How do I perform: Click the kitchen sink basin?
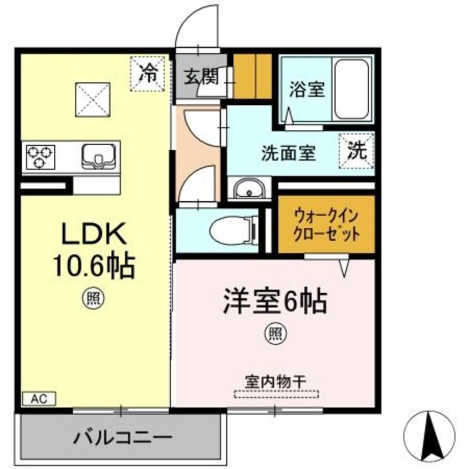pyautogui.click(x=100, y=156)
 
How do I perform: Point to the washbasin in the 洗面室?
pyautogui.click(x=248, y=190)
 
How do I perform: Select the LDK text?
pyautogui.click(x=94, y=235)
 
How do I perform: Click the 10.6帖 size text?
pyautogui.click(x=94, y=267)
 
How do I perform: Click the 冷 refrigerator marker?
pyautogui.click(x=148, y=73)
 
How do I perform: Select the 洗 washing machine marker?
pyautogui.click(x=356, y=151)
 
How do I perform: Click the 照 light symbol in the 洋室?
pyautogui.click(x=276, y=334)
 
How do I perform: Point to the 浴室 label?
pyautogui.click(x=307, y=89)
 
